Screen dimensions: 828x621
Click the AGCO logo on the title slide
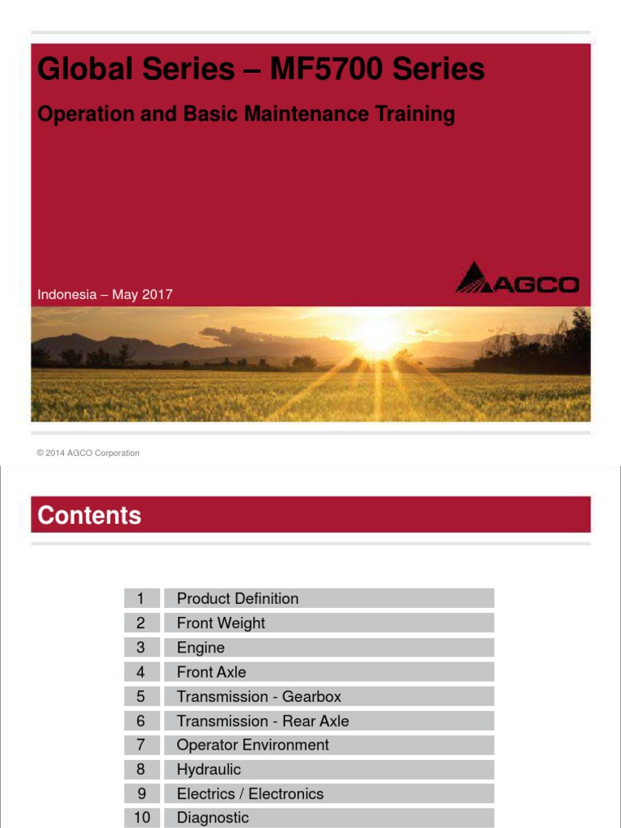click(x=517, y=278)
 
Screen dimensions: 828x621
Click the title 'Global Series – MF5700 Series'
click(x=260, y=70)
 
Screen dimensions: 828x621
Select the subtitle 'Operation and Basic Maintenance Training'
click(x=246, y=114)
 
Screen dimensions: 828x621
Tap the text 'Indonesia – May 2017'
click(x=105, y=294)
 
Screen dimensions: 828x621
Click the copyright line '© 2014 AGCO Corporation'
click(x=88, y=453)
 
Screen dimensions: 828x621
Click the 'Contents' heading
click(x=89, y=515)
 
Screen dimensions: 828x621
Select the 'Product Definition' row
click(x=238, y=598)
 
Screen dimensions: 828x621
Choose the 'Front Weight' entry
click(x=221, y=623)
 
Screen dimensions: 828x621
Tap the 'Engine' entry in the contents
click(x=201, y=648)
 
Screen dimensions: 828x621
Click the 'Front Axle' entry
click(x=211, y=672)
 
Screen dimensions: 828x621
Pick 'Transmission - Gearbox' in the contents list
click(x=259, y=696)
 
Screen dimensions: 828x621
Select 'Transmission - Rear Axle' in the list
click(x=263, y=720)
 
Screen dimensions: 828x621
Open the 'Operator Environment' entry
click(x=253, y=745)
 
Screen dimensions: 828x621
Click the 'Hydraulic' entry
click(x=209, y=769)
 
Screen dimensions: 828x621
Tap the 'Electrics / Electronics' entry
click(x=250, y=793)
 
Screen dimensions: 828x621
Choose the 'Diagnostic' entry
click(x=213, y=817)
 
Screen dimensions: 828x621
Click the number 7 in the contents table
click(x=142, y=745)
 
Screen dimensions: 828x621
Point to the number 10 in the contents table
click(x=142, y=817)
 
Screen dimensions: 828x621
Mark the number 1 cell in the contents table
click(x=142, y=598)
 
